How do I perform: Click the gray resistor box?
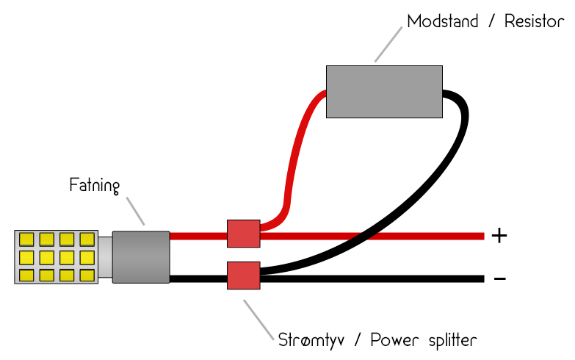384,91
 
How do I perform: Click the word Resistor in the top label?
534,21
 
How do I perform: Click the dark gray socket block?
141,256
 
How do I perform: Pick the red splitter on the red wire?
243,234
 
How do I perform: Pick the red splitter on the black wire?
243,276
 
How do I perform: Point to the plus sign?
499,236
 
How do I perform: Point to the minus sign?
499,278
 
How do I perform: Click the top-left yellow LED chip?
27,240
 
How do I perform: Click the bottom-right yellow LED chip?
87,276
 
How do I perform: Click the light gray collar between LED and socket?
105,257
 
